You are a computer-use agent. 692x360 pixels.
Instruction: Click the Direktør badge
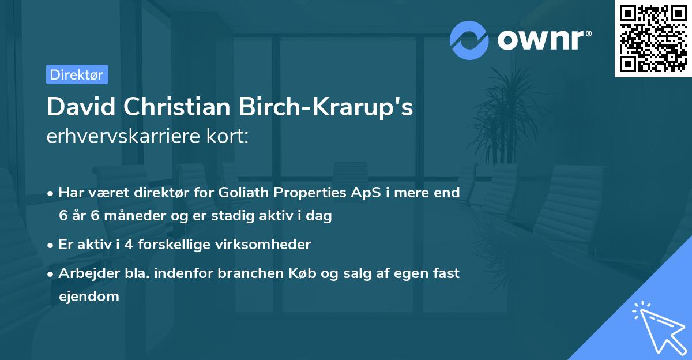[x=77, y=74]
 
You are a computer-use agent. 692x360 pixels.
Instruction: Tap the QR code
[x=652, y=38]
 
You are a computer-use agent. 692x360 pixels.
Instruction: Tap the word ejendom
[x=89, y=297]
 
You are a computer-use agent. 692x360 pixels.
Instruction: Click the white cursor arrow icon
[x=657, y=325]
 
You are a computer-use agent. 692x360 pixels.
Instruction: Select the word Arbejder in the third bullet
[x=84, y=273]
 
